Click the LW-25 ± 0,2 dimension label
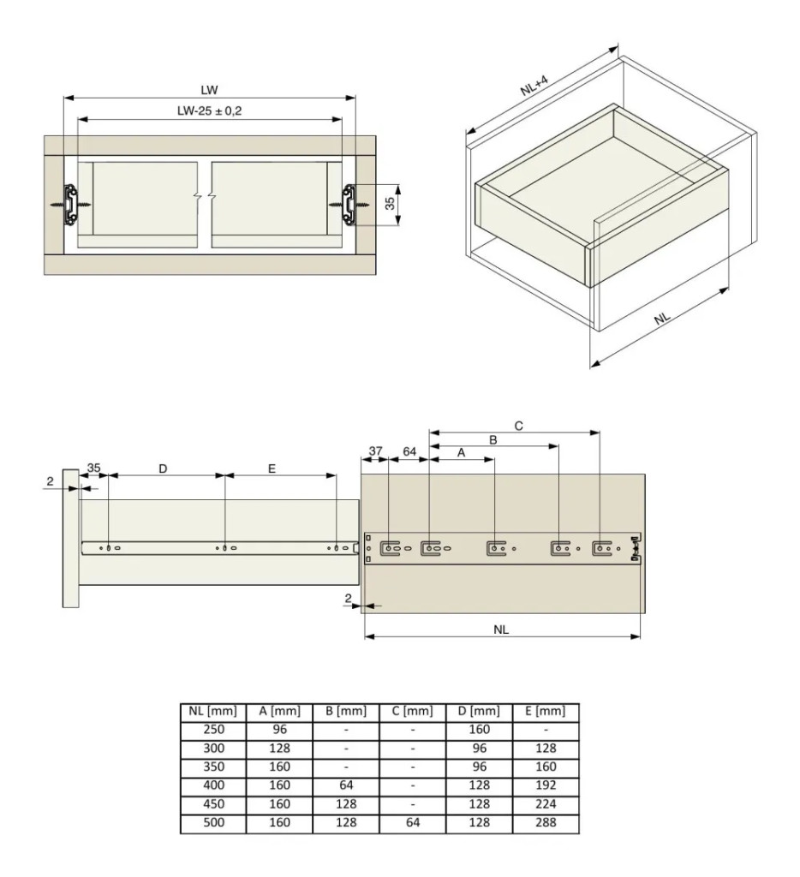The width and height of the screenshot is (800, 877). click(209, 110)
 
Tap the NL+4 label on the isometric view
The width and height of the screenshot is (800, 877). click(534, 86)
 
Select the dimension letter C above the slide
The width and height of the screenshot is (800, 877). click(518, 426)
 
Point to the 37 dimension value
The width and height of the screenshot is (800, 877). click(375, 450)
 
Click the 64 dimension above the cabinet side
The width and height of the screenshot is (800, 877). click(409, 450)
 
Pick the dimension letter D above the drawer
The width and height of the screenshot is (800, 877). click(163, 468)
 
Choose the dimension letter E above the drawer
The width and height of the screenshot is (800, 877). click(272, 468)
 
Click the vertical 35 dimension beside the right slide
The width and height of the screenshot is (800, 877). click(390, 203)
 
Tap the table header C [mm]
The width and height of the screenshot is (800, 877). click(413, 711)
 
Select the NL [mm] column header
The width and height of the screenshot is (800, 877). click(213, 711)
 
